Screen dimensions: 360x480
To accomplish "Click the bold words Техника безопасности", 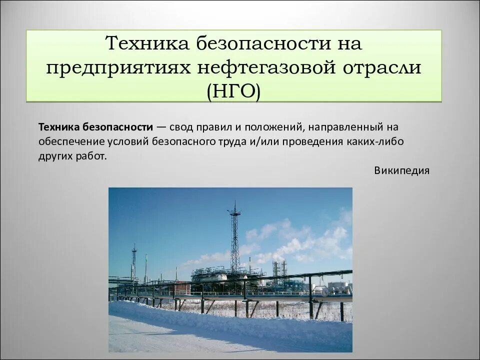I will pyautogui.click(x=95, y=127).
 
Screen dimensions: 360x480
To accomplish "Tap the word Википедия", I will pyautogui.click(x=401, y=170).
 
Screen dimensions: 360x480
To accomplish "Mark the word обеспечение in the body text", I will pyautogui.click(x=67, y=141).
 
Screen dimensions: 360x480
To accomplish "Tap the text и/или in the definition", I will pyautogui.click(x=262, y=141).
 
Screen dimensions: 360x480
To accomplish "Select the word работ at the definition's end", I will pyautogui.click(x=92, y=155).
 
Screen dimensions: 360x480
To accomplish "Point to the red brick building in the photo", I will pyautogui.click(x=180, y=288).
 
